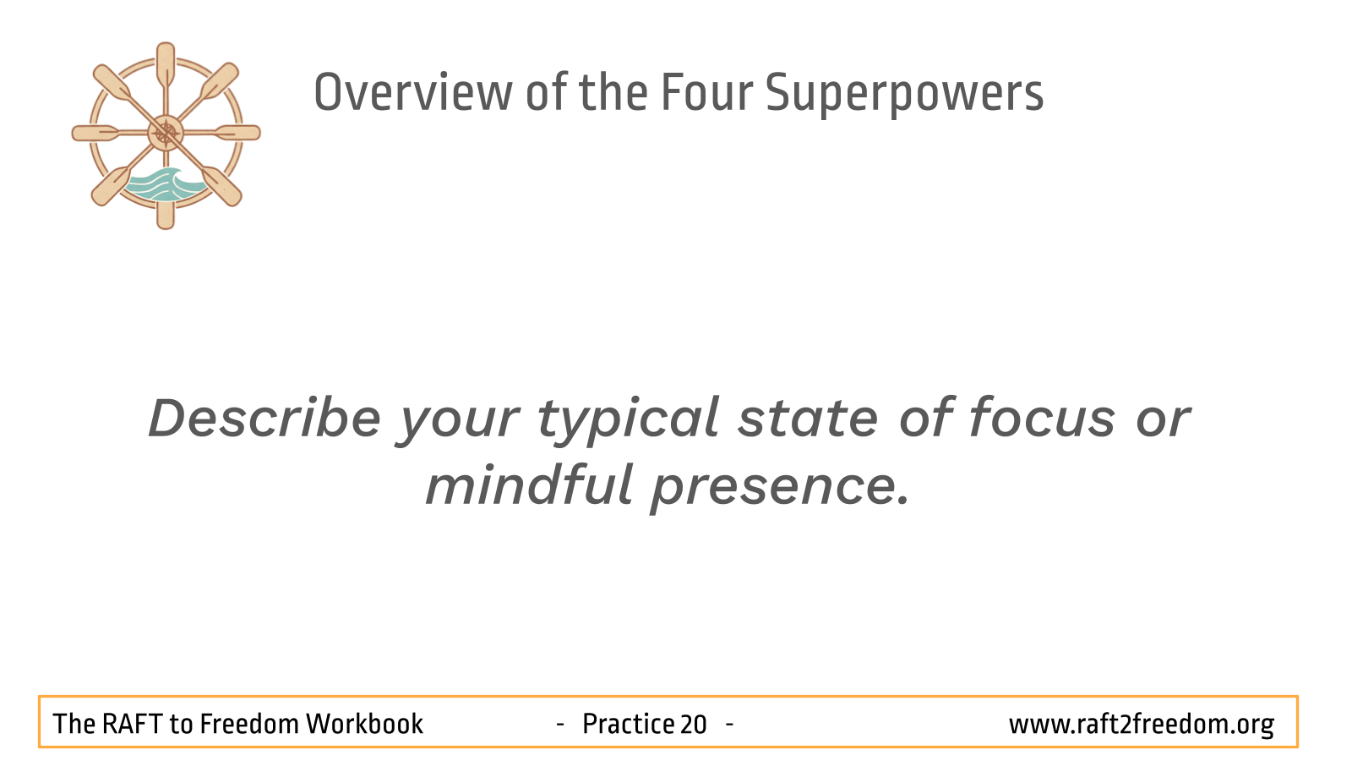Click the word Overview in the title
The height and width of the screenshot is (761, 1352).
pyautogui.click(x=413, y=92)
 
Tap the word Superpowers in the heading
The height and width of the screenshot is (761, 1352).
pyautogui.click(x=904, y=94)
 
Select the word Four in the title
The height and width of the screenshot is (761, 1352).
pyautogui.click(x=706, y=92)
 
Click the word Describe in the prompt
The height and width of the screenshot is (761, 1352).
pyautogui.click(x=264, y=418)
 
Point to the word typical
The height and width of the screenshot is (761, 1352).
pyautogui.click(x=628, y=421)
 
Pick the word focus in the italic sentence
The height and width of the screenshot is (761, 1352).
pyautogui.click(x=1043, y=418)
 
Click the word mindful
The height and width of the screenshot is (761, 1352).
pyautogui.click(x=529, y=485)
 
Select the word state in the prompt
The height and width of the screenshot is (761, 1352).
pyautogui.click(x=808, y=419)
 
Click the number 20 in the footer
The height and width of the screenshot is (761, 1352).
pyautogui.click(x=693, y=724)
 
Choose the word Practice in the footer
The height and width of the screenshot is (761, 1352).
pyautogui.click(x=629, y=724)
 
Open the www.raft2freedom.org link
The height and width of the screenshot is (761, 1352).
pyautogui.click(x=1142, y=725)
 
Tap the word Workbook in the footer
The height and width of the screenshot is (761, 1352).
pyautogui.click(x=364, y=724)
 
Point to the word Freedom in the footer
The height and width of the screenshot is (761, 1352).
pyautogui.click(x=249, y=724)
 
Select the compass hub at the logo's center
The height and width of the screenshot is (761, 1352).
pyautogui.click(x=166, y=133)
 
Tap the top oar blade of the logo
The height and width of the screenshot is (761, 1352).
pyautogui.click(x=166, y=63)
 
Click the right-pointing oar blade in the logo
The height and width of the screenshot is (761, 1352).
pyautogui.click(x=238, y=133)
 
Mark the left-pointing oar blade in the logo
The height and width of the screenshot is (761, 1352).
pyautogui.click(x=95, y=133)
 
